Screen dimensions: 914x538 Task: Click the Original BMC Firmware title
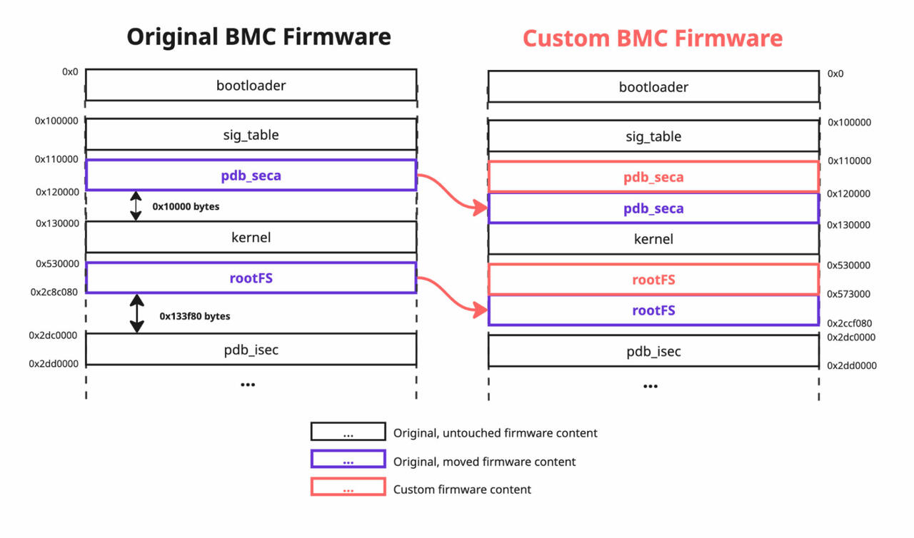coord(258,36)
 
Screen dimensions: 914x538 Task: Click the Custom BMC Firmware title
coord(653,39)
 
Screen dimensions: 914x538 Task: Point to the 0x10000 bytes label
coord(186,207)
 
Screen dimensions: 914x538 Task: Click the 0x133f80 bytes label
coord(195,316)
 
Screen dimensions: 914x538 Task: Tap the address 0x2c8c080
coord(54,293)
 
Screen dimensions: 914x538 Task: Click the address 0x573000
coord(849,294)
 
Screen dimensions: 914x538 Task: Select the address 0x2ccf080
coord(850,323)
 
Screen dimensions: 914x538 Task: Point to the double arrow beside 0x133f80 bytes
coord(136,313)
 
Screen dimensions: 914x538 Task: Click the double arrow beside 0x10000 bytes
coord(136,205)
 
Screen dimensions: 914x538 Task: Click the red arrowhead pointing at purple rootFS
coord(481,310)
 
